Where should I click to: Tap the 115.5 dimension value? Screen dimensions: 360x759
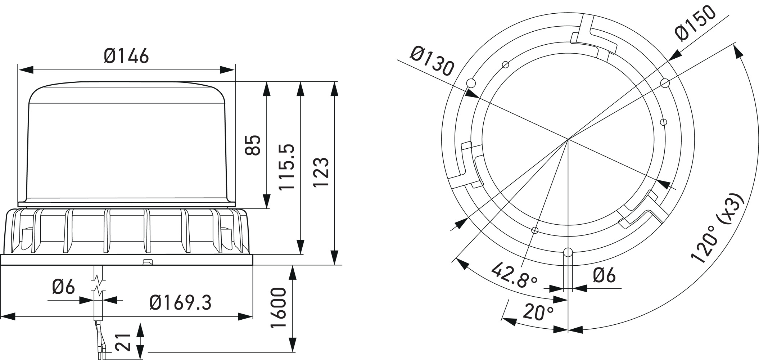click(287, 167)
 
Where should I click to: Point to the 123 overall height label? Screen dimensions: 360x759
click(320, 172)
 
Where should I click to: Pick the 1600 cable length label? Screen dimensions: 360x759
click(279, 308)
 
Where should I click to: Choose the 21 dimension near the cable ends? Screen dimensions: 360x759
click(123, 342)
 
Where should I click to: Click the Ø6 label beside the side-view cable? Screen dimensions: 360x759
click(63, 287)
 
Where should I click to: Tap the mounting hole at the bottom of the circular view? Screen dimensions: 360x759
click(568, 252)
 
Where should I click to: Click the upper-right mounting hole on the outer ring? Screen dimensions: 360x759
click(665, 83)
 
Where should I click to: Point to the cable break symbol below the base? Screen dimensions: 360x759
click(98, 284)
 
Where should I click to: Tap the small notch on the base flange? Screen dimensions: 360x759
click(148, 262)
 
